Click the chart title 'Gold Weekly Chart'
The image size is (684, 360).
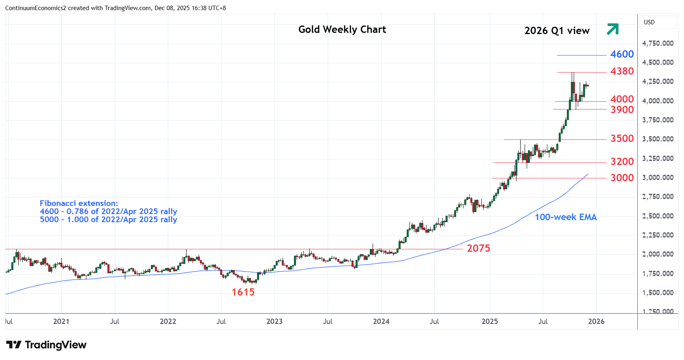tap(342, 30)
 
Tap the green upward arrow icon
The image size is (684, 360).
tap(613, 29)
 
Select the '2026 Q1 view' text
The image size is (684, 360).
tap(557, 31)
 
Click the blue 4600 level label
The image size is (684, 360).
tap(622, 54)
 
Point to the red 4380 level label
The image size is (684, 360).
tap(622, 71)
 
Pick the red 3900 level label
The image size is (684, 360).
tap(622, 110)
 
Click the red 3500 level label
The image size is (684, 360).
tap(622, 139)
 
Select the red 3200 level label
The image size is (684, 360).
tap(622, 162)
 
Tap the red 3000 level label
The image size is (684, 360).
tap(622, 178)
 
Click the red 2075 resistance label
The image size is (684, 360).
tap(478, 249)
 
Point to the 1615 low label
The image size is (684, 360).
tap(243, 292)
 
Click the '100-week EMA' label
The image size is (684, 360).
tap(566, 217)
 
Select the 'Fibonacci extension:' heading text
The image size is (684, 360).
tap(79, 204)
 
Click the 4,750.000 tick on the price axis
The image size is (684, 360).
tap(658, 43)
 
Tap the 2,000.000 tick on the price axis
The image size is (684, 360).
tap(658, 254)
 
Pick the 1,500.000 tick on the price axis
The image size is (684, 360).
tap(658, 293)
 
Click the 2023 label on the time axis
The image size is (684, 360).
tap(274, 321)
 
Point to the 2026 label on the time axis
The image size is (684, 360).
tap(596, 321)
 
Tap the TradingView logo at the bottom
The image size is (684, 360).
tap(46, 345)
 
